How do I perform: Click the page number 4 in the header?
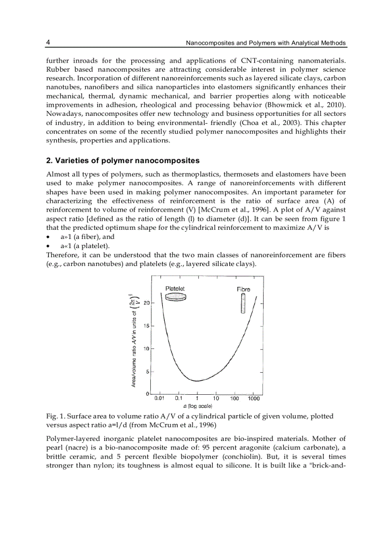48,43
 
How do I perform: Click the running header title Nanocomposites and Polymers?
265,43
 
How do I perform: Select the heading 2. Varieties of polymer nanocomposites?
122,161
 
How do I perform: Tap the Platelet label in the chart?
175,289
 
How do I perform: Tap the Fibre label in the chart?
243,289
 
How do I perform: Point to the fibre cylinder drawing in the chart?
243,303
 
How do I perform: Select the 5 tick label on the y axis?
147,372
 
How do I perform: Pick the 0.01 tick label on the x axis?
160,399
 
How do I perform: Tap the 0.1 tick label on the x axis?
178,399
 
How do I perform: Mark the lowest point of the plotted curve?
197,380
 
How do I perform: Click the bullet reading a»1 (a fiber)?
87,237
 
